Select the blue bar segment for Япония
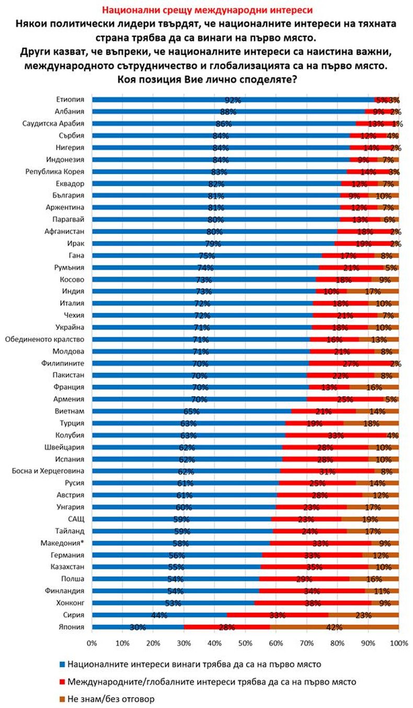click(x=137, y=626)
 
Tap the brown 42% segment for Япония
click(x=335, y=626)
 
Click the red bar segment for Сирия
click(x=277, y=614)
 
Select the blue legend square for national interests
click(x=62, y=664)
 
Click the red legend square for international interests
click(x=62, y=681)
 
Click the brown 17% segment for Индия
click(x=372, y=291)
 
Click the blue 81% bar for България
click(x=216, y=196)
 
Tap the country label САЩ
click(x=77, y=519)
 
